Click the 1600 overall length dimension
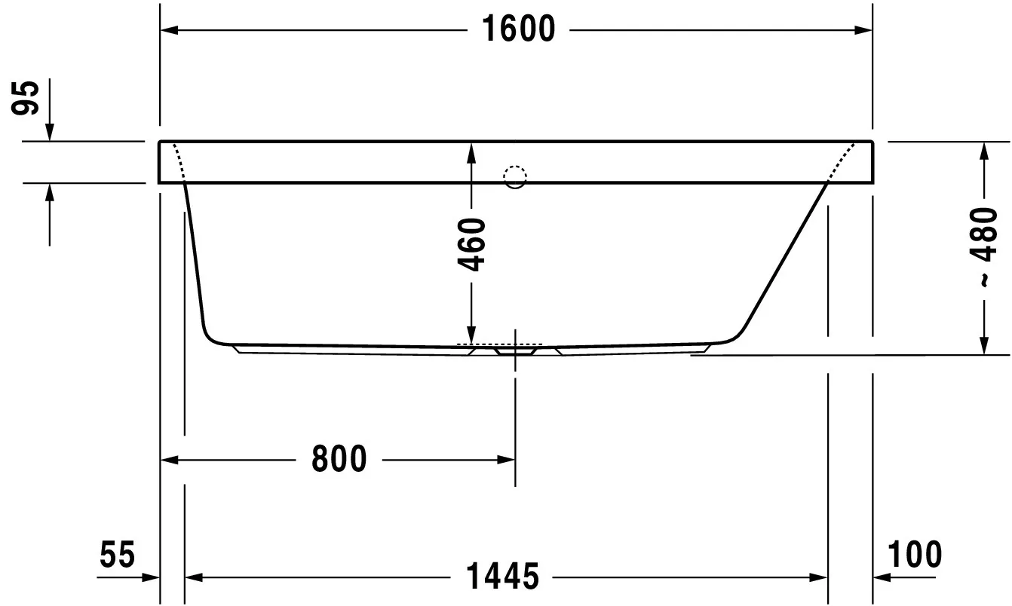tap(518, 29)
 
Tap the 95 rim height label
tap(26, 98)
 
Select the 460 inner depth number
tap(471, 245)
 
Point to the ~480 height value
tap(983, 246)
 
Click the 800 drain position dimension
tap(339, 459)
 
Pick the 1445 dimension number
tap(502, 576)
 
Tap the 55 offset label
tap(117, 554)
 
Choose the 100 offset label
tap(915, 554)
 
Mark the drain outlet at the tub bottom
tap(515, 351)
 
